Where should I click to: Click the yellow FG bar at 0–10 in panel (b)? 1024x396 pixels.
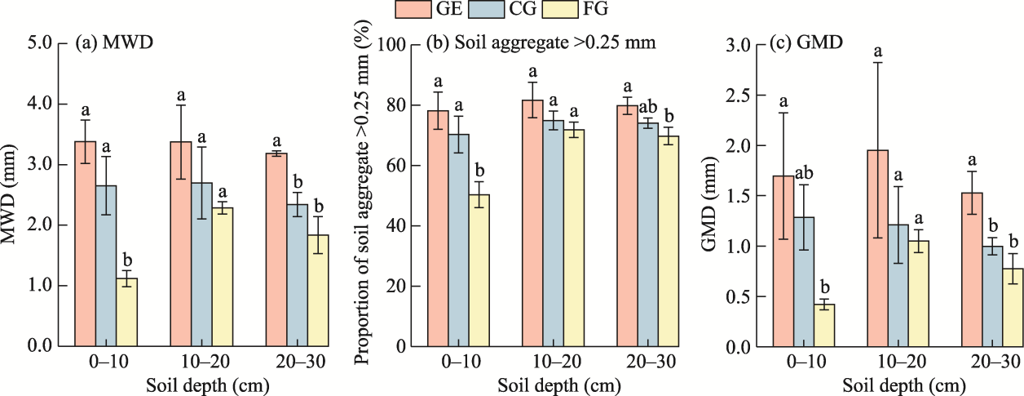tap(479, 270)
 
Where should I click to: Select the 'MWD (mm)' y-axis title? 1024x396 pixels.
tap(11, 194)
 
